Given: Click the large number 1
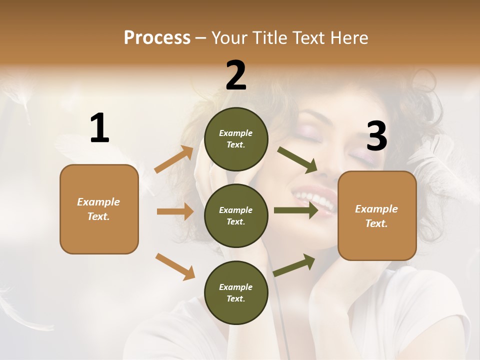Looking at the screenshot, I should point(99,128).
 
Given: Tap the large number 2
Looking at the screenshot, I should point(236,75).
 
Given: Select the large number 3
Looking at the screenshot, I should point(376,136).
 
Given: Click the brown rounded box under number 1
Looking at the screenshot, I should point(99,209).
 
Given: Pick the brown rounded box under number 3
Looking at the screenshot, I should point(377,215).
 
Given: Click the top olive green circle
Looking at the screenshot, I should point(236,139).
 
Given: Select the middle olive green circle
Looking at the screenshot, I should point(236,215).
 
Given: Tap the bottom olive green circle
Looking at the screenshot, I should point(236,292).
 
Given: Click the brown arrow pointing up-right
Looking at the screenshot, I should point(174,159).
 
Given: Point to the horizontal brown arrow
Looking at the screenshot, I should point(175,211).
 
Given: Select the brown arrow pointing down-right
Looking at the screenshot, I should point(175,266).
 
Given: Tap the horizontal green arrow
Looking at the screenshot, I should point(296,210).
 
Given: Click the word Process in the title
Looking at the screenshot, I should point(157,37).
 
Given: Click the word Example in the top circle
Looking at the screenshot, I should point(236,133).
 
